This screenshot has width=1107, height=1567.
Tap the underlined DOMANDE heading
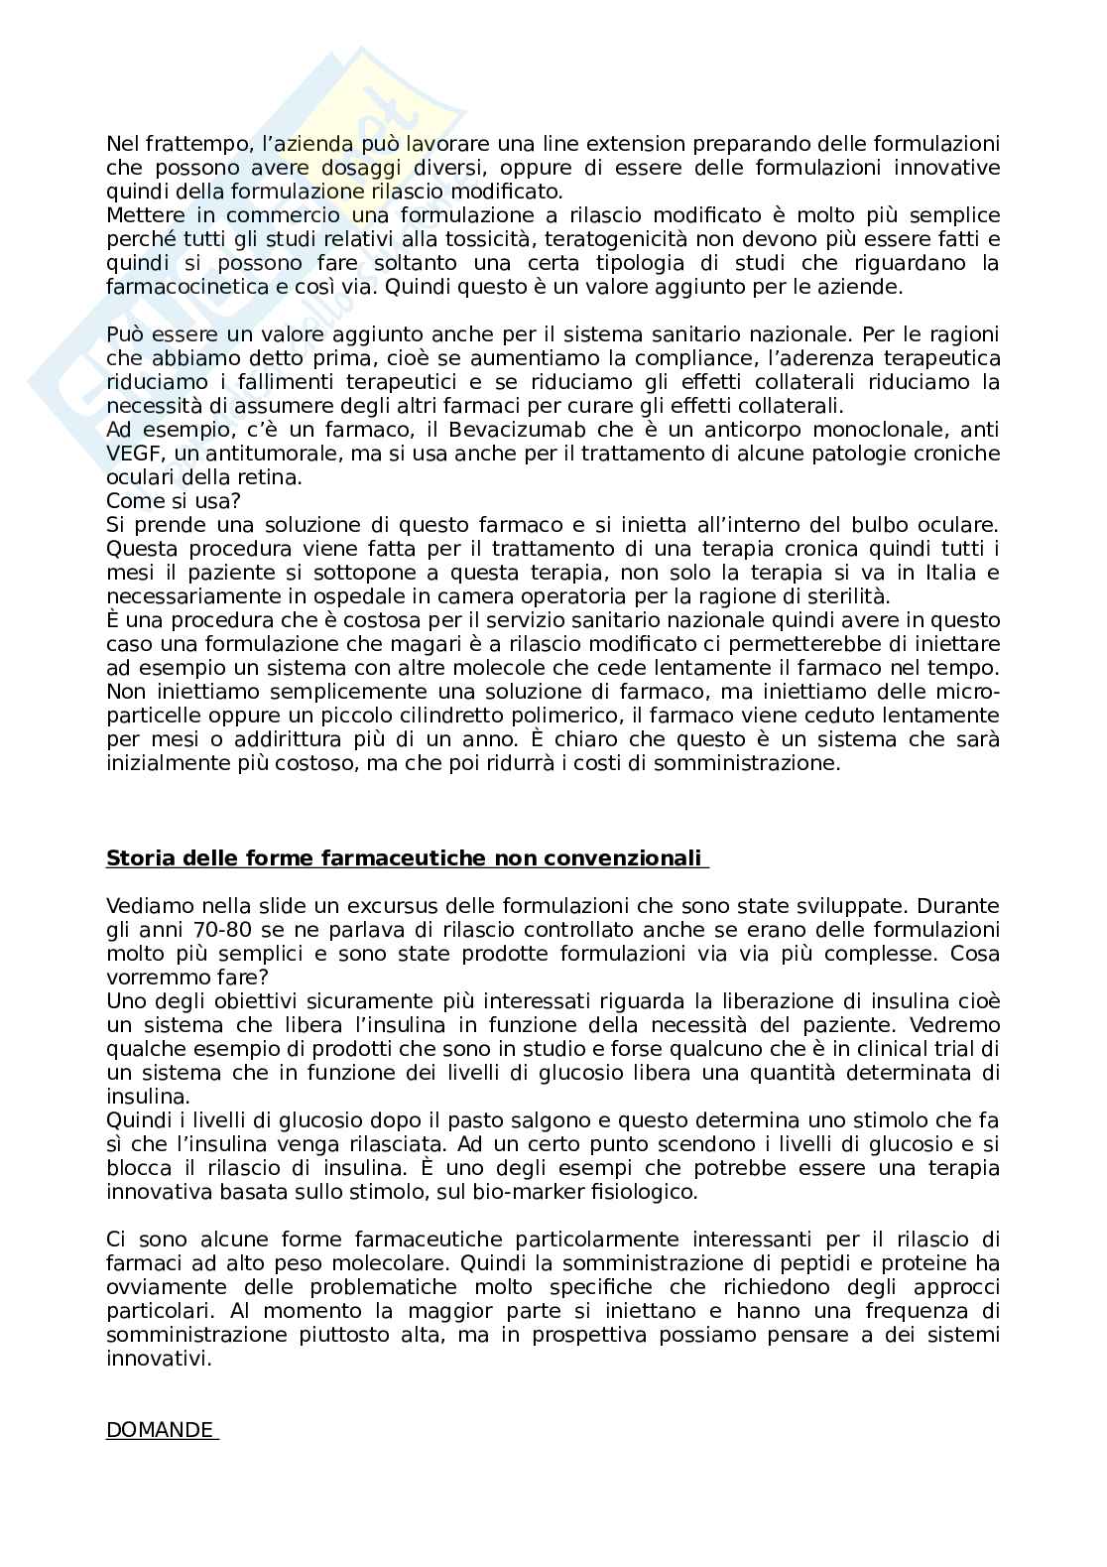[x=160, y=1430]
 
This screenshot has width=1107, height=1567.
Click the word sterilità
[x=850, y=596]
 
